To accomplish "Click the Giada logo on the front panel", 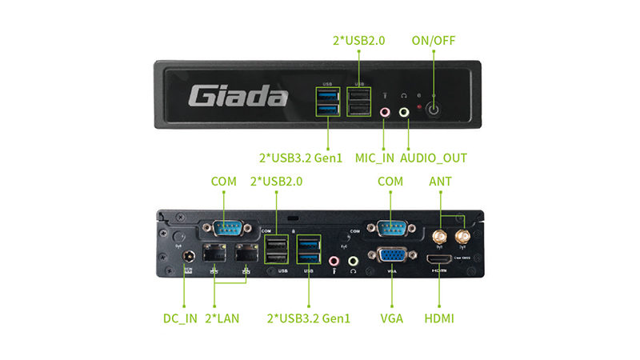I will click(x=238, y=98).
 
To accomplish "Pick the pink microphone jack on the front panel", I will click(x=385, y=113).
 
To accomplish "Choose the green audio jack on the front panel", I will click(x=403, y=113).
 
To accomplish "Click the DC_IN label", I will click(x=180, y=318).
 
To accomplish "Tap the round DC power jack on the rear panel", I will click(x=190, y=258).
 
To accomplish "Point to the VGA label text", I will click(x=391, y=318).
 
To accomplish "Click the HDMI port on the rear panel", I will click(x=439, y=260).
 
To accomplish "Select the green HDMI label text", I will click(x=439, y=318).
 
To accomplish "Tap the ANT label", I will click(x=440, y=182).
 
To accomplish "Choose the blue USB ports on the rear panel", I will click(x=308, y=250).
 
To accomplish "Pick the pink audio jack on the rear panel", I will click(x=335, y=261).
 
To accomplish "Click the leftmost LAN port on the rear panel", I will click(x=215, y=255).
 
